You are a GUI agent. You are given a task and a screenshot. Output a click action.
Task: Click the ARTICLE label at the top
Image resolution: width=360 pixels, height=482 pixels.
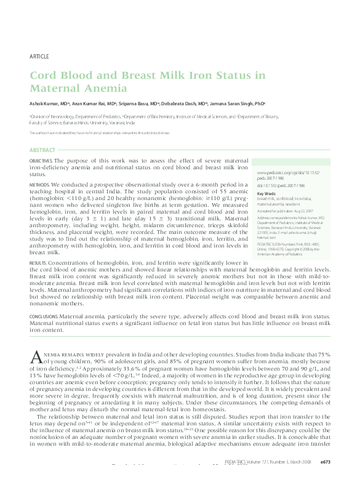39,57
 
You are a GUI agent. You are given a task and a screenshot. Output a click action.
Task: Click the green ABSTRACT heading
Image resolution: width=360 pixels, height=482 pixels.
42,150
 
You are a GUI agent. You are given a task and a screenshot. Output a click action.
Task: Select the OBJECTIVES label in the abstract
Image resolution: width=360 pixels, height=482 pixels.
41,161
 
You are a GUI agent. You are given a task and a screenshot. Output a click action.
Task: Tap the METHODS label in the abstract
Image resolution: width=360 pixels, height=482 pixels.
39,184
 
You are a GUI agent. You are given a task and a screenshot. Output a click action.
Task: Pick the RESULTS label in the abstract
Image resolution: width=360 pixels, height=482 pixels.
38,263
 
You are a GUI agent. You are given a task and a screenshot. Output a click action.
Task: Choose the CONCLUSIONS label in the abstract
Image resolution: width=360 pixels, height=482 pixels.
44,316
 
